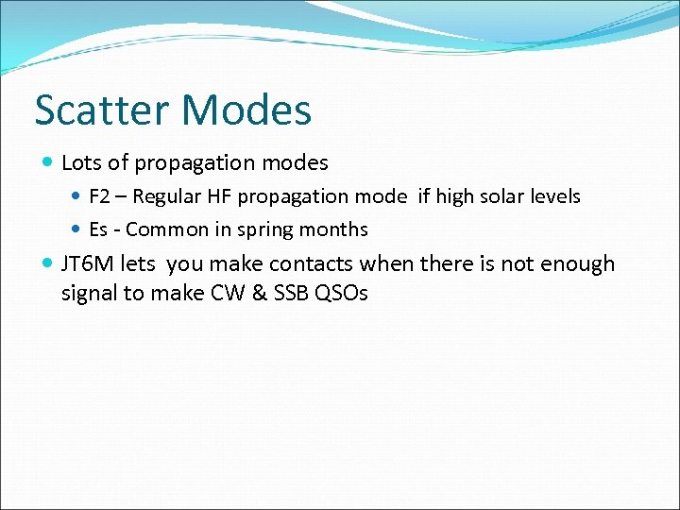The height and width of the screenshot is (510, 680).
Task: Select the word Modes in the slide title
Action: coord(246,110)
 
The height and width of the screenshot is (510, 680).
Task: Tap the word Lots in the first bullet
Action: coord(81,162)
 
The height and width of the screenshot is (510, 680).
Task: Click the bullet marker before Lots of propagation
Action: coord(48,163)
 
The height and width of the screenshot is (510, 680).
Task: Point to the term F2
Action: coord(100,196)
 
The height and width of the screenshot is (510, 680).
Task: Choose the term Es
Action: coord(98,229)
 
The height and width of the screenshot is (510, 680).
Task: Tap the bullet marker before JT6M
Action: coord(48,264)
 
